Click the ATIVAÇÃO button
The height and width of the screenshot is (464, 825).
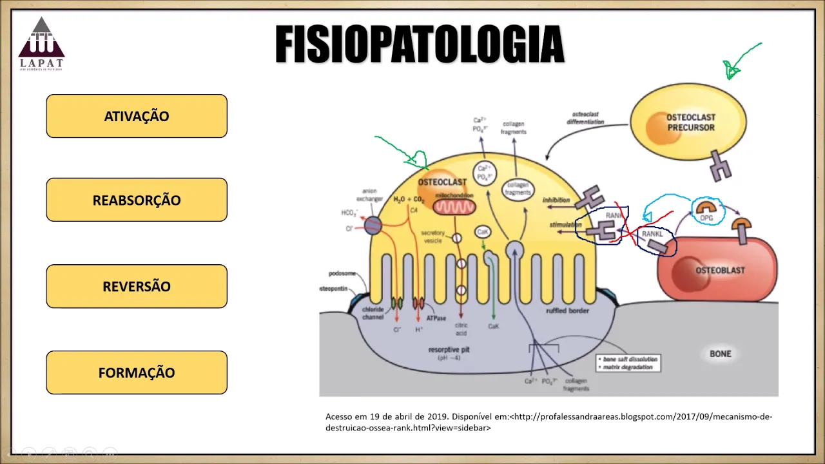tap(137, 116)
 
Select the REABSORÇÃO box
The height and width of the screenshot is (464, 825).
tap(137, 200)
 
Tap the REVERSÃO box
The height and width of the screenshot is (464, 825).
tap(137, 286)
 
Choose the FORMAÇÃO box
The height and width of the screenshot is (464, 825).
tap(137, 372)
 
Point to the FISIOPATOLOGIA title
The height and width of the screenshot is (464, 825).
tap(420, 44)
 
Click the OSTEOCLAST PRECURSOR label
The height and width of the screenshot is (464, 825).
tap(690, 122)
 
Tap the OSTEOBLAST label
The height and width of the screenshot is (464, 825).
tap(719, 270)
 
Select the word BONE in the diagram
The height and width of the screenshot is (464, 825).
tap(720, 353)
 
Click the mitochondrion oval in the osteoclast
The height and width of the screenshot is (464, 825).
tap(454, 207)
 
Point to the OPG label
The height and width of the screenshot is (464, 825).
tap(706, 218)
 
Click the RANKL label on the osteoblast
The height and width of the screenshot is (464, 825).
tap(652, 235)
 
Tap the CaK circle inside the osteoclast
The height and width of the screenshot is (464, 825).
tap(482, 231)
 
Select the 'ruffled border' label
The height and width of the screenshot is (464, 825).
tap(567, 310)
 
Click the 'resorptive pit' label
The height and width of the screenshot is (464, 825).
tap(450, 350)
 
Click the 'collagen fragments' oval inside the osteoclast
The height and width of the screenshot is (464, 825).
tap(518, 189)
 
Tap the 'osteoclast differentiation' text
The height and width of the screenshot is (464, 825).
tap(585, 118)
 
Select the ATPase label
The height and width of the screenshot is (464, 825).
tap(436, 318)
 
